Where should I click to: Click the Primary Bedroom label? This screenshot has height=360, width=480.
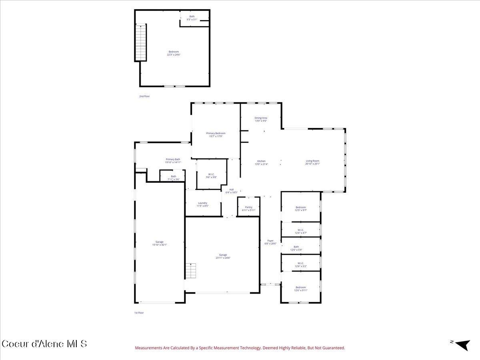point(216,135)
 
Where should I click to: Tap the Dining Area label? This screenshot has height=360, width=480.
point(261,119)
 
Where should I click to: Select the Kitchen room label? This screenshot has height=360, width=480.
point(261,162)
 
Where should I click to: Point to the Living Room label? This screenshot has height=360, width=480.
point(312,162)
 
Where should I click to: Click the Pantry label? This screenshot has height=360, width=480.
point(248,208)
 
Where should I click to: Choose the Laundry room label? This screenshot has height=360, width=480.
point(202,204)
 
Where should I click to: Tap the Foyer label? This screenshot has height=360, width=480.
point(271,242)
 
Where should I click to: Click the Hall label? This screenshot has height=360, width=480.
point(231,191)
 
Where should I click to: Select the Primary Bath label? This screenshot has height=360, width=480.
point(173,160)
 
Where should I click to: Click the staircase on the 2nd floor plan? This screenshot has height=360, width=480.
point(141,42)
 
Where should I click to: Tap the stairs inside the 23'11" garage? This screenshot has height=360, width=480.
point(192,271)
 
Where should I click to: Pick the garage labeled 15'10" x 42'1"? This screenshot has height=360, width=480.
point(160,243)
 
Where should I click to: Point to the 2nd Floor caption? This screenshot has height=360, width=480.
point(144,96)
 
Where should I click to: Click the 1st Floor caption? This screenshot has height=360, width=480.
point(139,313)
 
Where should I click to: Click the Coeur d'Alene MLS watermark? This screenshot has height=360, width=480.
point(44,344)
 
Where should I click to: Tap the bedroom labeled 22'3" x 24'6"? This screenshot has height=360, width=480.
point(174,53)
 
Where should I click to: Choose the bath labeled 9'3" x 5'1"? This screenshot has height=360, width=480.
point(192,18)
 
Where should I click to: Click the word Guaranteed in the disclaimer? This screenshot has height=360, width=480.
point(334,348)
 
